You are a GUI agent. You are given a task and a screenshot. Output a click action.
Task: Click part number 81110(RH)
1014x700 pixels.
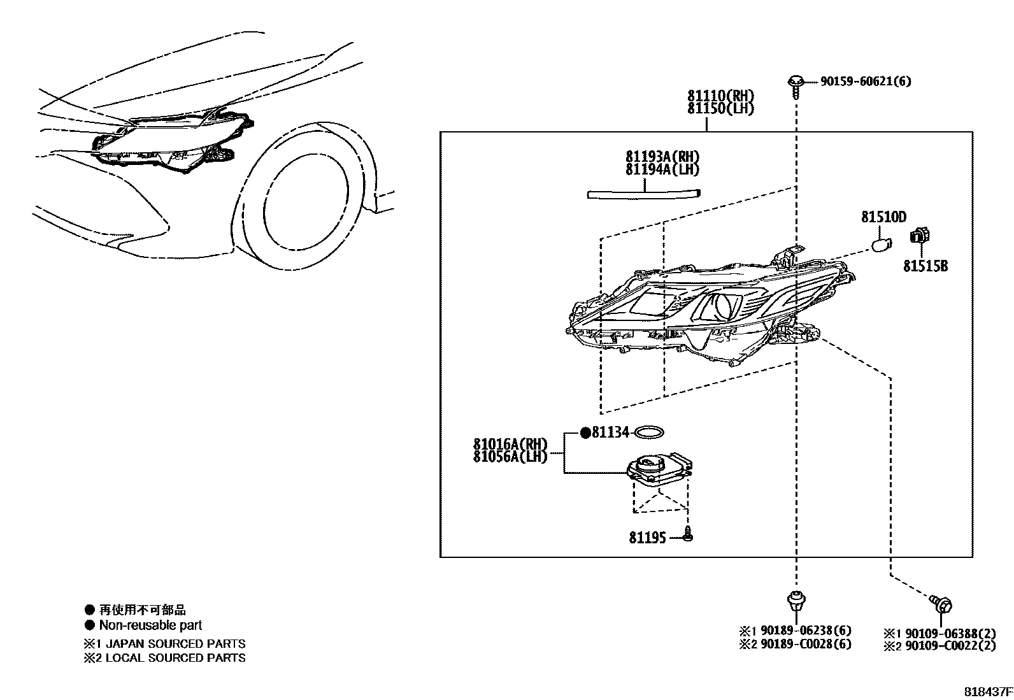pyautogui.click(x=720, y=96)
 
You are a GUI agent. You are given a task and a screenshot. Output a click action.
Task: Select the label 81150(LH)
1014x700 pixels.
pyautogui.click(x=720, y=108)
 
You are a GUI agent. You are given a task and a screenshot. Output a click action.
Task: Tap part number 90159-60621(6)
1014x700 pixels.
pyautogui.click(x=865, y=82)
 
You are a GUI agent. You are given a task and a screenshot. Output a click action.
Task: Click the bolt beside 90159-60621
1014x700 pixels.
pyautogui.click(x=795, y=85)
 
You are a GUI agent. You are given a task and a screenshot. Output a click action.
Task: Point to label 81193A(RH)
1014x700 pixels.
pyautogui.click(x=662, y=157)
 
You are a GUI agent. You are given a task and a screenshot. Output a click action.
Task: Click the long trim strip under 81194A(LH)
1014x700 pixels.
pyautogui.click(x=643, y=194)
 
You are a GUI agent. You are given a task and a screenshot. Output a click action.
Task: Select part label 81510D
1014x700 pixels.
pyautogui.click(x=883, y=217)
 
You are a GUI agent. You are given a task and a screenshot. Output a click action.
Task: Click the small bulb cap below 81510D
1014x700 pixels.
pyautogui.click(x=881, y=245)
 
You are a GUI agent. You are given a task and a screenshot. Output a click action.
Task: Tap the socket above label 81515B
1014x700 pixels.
pyautogui.click(x=920, y=236)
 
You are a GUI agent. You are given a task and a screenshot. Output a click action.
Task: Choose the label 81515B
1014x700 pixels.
pyautogui.click(x=925, y=266)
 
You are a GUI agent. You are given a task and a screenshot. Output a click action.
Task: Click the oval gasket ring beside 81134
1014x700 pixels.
pyautogui.click(x=650, y=433)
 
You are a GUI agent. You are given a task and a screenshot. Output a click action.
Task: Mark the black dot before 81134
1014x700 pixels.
pyautogui.click(x=585, y=433)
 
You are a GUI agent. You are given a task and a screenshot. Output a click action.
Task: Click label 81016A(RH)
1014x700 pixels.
pyautogui.click(x=510, y=444)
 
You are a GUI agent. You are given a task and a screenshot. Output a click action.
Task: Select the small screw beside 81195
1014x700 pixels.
pyautogui.click(x=687, y=535)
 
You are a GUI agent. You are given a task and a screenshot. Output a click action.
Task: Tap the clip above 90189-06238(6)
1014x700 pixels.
pyautogui.click(x=794, y=601)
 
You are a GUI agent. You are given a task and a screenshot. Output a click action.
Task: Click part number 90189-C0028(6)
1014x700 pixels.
pyautogui.click(x=803, y=644)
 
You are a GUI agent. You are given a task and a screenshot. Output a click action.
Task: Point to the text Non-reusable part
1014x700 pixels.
pyautogui.click(x=150, y=625)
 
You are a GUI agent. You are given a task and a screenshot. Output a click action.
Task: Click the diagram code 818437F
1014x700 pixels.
pyautogui.click(x=987, y=691)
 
